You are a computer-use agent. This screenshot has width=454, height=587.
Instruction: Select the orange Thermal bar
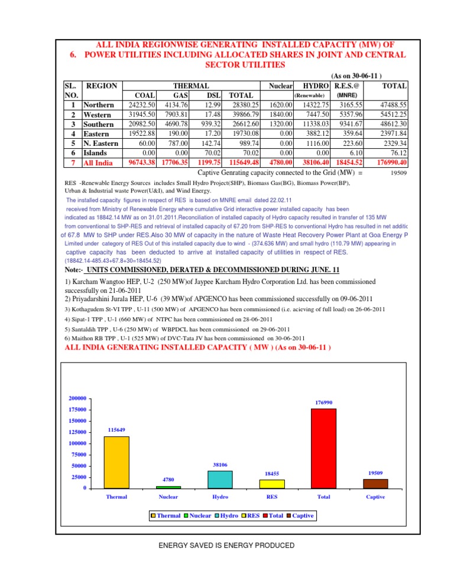coord(116,462)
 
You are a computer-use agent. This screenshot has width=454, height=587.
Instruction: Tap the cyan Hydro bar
coord(220,479)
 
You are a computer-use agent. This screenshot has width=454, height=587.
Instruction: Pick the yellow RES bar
coord(272,484)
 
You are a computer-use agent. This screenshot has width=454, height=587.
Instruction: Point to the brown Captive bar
coord(375,483)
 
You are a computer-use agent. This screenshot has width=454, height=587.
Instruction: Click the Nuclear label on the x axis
coord(168,497)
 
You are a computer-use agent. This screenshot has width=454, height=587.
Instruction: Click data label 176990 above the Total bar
coord(323,403)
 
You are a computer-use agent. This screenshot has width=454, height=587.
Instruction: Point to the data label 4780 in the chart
coord(168,480)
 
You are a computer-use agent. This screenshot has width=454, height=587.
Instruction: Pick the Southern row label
coord(99,125)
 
